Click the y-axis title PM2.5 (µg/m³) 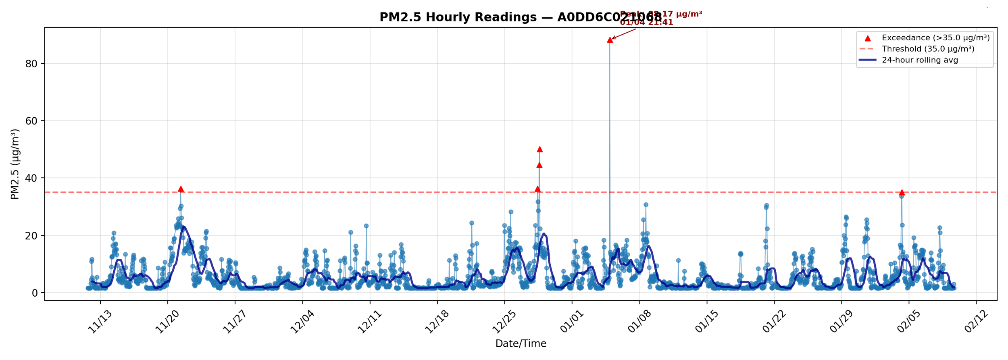click(15, 164)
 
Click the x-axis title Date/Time click(521, 343)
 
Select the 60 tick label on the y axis click(31, 121)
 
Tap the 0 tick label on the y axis click(35, 293)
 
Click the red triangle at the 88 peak click(610, 40)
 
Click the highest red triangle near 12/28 click(539, 149)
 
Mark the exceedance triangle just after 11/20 click(181, 189)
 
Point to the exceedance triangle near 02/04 click(902, 193)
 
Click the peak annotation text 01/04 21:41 click(646, 23)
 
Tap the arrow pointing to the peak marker click(624, 34)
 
